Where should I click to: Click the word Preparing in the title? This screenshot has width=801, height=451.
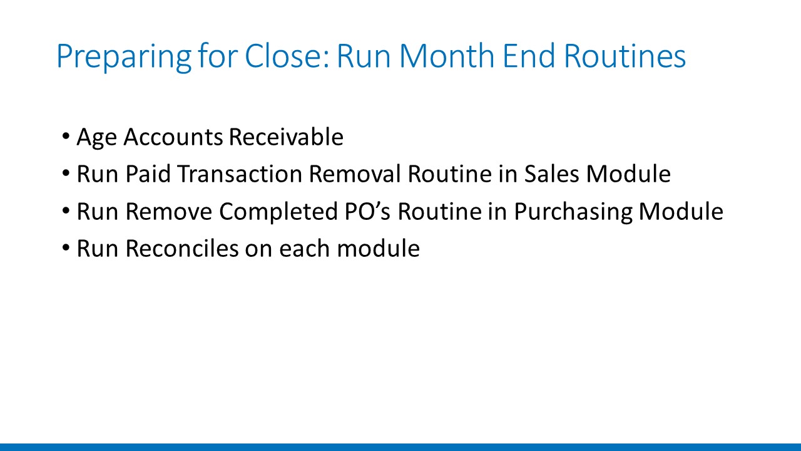pos(124,56)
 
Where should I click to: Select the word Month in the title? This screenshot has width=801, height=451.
pos(447,56)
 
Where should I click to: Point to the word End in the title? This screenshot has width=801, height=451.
pos(529,56)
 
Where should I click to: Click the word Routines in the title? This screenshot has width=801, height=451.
pos(625,56)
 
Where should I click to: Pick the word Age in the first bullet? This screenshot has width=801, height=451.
pos(96,138)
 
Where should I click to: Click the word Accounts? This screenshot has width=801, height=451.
pos(173,137)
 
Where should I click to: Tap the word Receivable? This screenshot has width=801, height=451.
pos(286,137)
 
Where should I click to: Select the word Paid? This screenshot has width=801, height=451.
pos(148,174)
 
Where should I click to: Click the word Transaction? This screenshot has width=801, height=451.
pos(240,174)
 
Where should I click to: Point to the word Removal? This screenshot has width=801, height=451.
pos(355,174)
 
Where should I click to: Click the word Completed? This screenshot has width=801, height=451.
pos(278,212)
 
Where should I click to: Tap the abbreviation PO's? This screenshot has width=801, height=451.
pos(367,211)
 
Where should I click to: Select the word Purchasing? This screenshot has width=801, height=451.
pos(573,212)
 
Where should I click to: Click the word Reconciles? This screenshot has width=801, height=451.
pos(182,249)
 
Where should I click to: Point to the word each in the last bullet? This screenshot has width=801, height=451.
pos(304,249)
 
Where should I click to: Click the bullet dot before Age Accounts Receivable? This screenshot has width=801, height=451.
pos(66,136)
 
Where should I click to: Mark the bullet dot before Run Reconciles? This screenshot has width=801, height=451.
pos(66,247)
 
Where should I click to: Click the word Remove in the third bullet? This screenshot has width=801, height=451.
pos(169,211)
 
